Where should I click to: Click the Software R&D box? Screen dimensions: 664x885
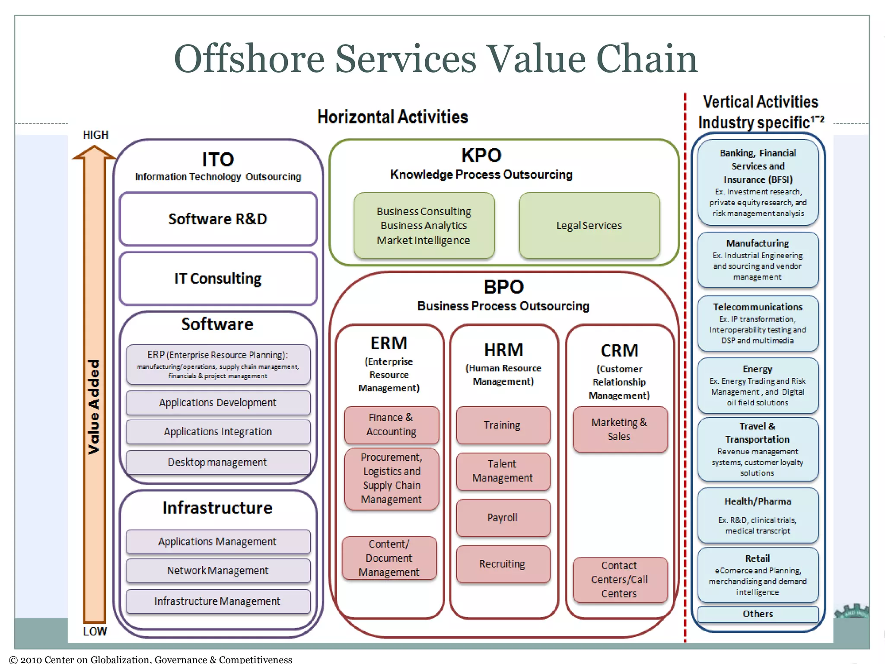click(218, 219)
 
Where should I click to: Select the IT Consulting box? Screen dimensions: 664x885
click(218, 279)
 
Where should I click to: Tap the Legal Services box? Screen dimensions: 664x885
click(589, 226)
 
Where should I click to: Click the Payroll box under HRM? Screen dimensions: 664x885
click(503, 518)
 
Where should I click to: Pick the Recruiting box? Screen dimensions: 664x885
click(503, 564)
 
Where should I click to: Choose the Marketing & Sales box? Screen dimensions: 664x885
click(620, 429)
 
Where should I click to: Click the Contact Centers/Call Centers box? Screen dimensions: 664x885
click(620, 580)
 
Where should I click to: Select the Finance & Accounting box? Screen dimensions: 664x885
click(391, 425)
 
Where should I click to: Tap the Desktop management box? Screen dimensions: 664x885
click(218, 463)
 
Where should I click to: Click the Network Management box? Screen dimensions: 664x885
click(218, 571)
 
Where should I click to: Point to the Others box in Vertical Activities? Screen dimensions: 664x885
click(758, 614)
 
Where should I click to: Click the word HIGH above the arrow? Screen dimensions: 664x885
click(96, 135)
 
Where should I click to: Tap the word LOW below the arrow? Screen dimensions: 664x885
click(95, 632)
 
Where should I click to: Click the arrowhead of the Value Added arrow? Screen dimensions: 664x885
click(94, 153)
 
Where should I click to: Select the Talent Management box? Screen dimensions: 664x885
click(503, 471)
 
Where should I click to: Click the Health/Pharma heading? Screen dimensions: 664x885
click(758, 501)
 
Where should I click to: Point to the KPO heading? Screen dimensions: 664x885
click(481, 156)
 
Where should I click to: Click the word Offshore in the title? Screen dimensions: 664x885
click(249, 59)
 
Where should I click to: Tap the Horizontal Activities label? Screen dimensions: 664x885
click(392, 117)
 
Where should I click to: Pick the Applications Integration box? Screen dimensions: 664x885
click(218, 432)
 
